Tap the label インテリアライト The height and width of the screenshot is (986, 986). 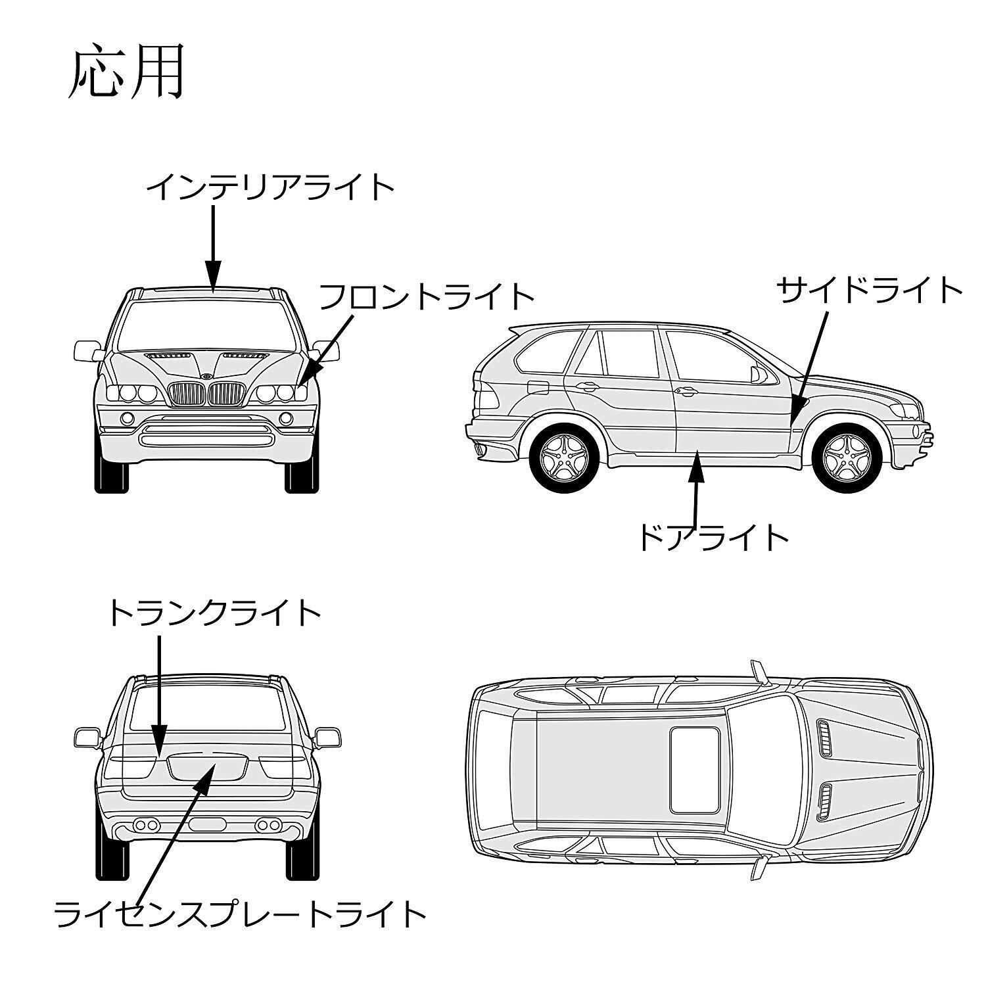270,188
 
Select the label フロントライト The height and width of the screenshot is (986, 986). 426,296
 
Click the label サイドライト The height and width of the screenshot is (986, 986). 870,290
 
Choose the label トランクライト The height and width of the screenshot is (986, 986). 214,613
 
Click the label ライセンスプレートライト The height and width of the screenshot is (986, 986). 240,914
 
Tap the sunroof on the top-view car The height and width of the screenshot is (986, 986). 693,769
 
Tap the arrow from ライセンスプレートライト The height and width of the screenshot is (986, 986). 174,835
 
